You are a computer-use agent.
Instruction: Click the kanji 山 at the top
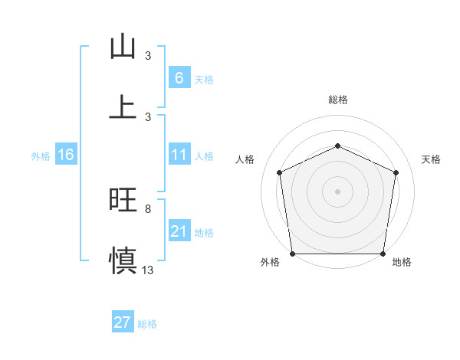[123, 47]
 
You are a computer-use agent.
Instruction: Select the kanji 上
[123, 106]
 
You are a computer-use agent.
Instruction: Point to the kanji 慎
[123, 259]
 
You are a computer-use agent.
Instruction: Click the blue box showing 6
[179, 77]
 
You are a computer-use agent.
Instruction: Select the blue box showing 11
[179, 155]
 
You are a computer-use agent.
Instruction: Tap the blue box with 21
[179, 232]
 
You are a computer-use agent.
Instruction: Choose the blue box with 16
[66, 155]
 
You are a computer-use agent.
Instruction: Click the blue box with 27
[123, 322]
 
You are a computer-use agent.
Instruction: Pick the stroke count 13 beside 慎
[148, 270]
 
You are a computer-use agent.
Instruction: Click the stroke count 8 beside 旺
[148, 208]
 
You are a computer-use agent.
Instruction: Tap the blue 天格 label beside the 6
[203, 79]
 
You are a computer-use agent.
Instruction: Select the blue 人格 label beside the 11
[204, 156]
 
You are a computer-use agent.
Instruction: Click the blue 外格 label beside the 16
[41, 156]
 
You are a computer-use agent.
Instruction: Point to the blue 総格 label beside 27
[147, 323]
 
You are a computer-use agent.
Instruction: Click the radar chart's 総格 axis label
[337, 100]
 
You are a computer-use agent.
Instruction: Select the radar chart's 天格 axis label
[432, 159]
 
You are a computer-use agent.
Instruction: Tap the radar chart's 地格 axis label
[402, 263]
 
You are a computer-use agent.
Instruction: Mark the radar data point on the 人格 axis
[279, 172]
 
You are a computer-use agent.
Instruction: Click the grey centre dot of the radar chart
[337, 191]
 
